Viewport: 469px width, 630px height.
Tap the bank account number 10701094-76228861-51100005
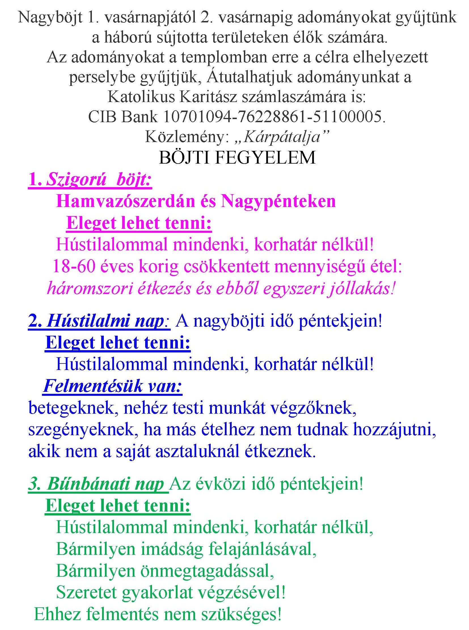coord(272,117)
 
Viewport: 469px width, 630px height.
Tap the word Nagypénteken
coord(278,201)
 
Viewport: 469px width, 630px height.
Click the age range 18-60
coord(73,267)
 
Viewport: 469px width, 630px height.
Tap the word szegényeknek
coord(81,430)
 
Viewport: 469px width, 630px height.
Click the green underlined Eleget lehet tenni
coord(118,506)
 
